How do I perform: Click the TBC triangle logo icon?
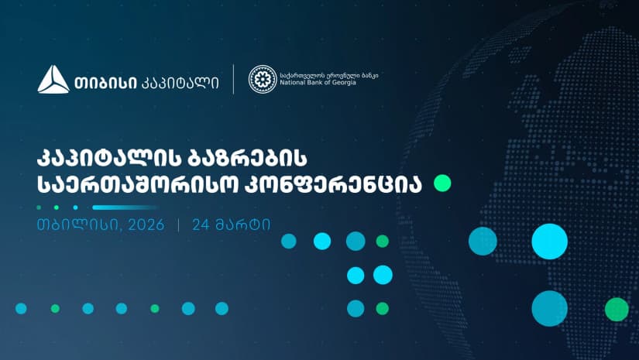pyautogui.click(x=53, y=80)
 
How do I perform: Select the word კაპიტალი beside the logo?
pyautogui.click(x=180, y=81)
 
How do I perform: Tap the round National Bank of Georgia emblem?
pyautogui.click(x=262, y=79)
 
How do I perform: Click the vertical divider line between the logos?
pyautogui.click(x=233, y=79)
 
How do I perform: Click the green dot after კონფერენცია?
pyautogui.click(x=442, y=183)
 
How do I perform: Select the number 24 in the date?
pyautogui.click(x=203, y=225)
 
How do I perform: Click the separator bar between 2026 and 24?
pyautogui.click(x=180, y=225)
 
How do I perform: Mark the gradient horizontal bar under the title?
pyautogui.click(x=120, y=207)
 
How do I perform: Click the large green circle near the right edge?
pyautogui.click(x=617, y=309)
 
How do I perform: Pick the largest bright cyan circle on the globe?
pyautogui.click(x=550, y=241)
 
